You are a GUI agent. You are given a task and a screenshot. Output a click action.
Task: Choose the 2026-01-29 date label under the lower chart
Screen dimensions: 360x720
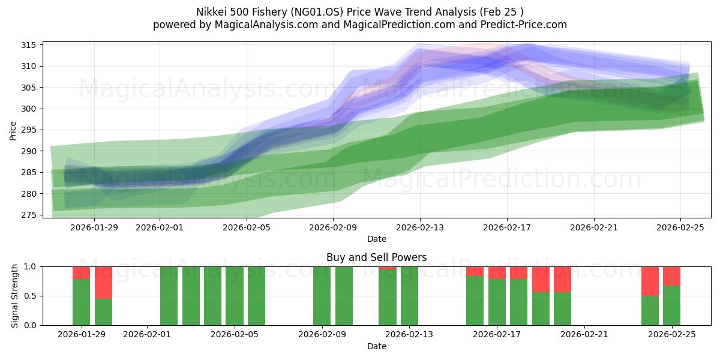pyautogui.click(x=82, y=335)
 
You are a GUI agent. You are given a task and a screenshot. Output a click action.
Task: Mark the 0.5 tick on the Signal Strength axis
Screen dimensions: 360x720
pyautogui.click(x=31, y=296)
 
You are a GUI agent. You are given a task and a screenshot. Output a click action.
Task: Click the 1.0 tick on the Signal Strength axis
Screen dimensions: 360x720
pyautogui.click(x=31, y=266)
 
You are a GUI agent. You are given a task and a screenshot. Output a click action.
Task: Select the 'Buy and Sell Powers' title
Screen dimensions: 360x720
pyautogui.click(x=376, y=257)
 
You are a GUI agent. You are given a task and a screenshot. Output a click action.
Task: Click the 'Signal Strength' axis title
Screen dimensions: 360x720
pyautogui.click(x=15, y=296)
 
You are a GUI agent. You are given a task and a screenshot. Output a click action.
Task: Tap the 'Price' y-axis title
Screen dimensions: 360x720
pyautogui.click(x=13, y=130)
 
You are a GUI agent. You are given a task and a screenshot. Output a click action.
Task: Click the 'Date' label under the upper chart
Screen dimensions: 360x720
pyautogui.click(x=376, y=239)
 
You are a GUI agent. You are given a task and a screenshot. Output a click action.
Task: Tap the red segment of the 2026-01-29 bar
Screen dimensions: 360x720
pyautogui.click(x=82, y=272)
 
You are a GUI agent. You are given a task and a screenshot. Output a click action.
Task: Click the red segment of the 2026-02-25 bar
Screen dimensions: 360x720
pyautogui.click(x=671, y=276)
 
